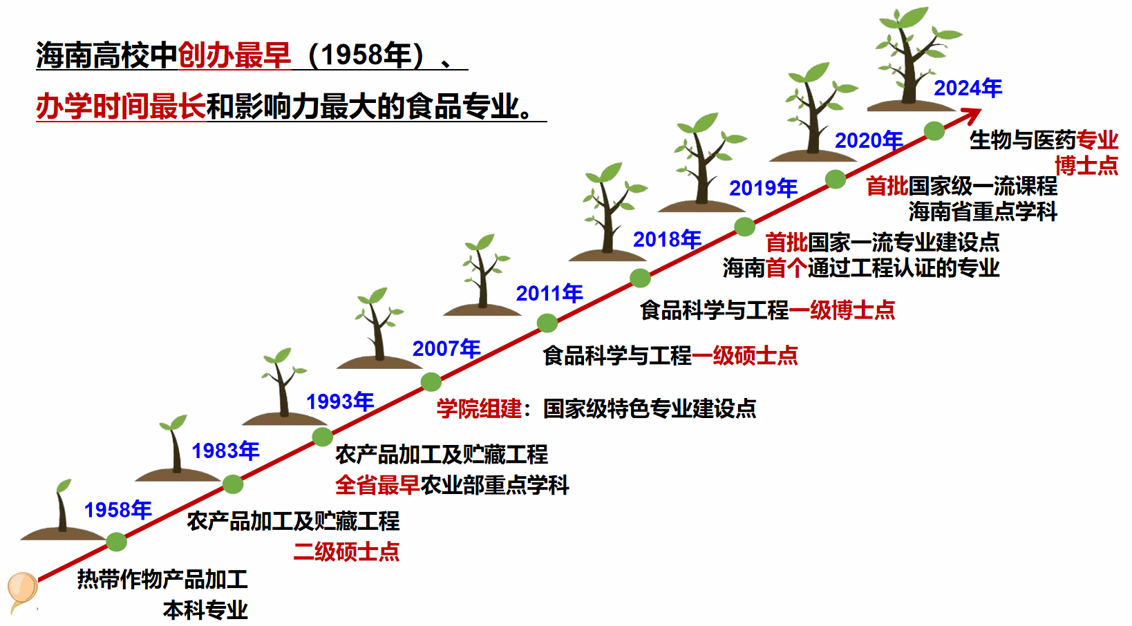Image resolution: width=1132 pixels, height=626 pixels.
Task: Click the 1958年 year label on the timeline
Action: click(x=117, y=510)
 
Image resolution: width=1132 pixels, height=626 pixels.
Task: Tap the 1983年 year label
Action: click(x=225, y=450)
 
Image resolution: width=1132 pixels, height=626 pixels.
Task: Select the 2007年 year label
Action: click(x=446, y=349)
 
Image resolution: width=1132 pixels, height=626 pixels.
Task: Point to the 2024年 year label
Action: click(x=968, y=88)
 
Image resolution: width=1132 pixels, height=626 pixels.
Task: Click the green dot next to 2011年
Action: click(x=547, y=323)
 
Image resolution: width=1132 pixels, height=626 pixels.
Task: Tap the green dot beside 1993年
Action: click(x=323, y=437)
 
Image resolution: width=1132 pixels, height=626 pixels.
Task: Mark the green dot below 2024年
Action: click(x=934, y=131)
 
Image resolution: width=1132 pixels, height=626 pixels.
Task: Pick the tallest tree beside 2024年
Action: click(x=912, y=59)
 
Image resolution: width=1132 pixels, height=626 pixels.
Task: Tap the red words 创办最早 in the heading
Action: click(x=234, y=55)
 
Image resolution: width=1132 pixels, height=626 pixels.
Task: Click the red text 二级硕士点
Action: click(x=346, y=551)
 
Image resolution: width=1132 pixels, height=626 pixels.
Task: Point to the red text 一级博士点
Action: click(x=842, y=310)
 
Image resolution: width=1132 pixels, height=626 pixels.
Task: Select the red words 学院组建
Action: click(x=479, y=408)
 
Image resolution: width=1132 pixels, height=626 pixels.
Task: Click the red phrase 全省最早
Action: click(x=377, y=485)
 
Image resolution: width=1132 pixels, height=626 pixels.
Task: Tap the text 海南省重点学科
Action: click(x=983, y=211)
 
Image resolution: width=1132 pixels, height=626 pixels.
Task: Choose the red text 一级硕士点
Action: click(x=745, y=356)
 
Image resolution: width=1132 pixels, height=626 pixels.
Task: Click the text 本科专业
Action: click(x=205, y=610)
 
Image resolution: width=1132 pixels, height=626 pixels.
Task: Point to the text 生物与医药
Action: click(x=1022, y=140)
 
